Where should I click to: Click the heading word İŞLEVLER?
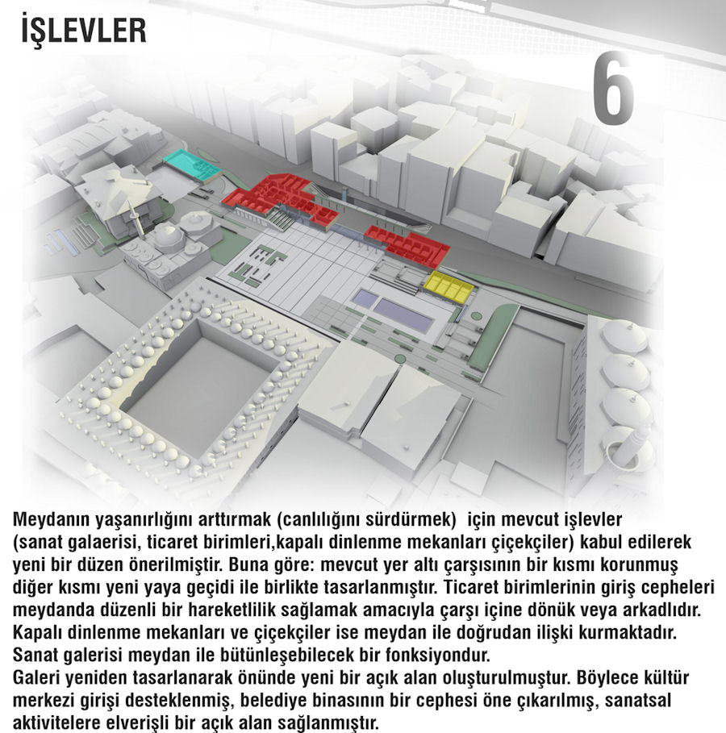[84, 30]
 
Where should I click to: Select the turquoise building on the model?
[191, 165]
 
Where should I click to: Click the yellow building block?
[449, 285]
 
